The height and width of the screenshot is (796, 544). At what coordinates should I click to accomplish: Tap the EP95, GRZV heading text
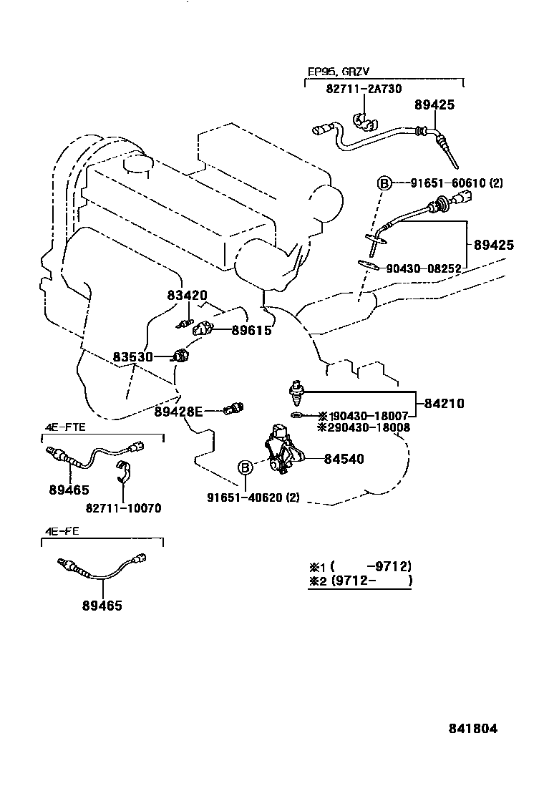(x=339, y=72)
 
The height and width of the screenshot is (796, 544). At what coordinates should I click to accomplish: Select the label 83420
(x=187, y=295)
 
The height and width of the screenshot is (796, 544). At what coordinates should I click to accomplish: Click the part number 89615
(x=251, y=331)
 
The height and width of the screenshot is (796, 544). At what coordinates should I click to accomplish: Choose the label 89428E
(x=179, y=411)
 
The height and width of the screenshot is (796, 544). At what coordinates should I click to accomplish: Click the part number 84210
(x=444, y=404)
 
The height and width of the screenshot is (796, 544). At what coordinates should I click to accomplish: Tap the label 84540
(x=344, y=459)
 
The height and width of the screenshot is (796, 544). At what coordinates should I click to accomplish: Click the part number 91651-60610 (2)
(x=457, y=183)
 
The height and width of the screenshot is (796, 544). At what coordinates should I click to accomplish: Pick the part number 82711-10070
(x=123, y=508)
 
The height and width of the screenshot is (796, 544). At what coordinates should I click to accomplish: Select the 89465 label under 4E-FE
(x=102, y=606)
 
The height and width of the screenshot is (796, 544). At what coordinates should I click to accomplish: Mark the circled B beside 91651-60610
(x=384, y=184)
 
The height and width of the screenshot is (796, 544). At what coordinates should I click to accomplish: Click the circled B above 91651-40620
(x=245, y=468)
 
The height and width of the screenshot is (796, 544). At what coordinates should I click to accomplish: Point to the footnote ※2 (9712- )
(x=361, y=581)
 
